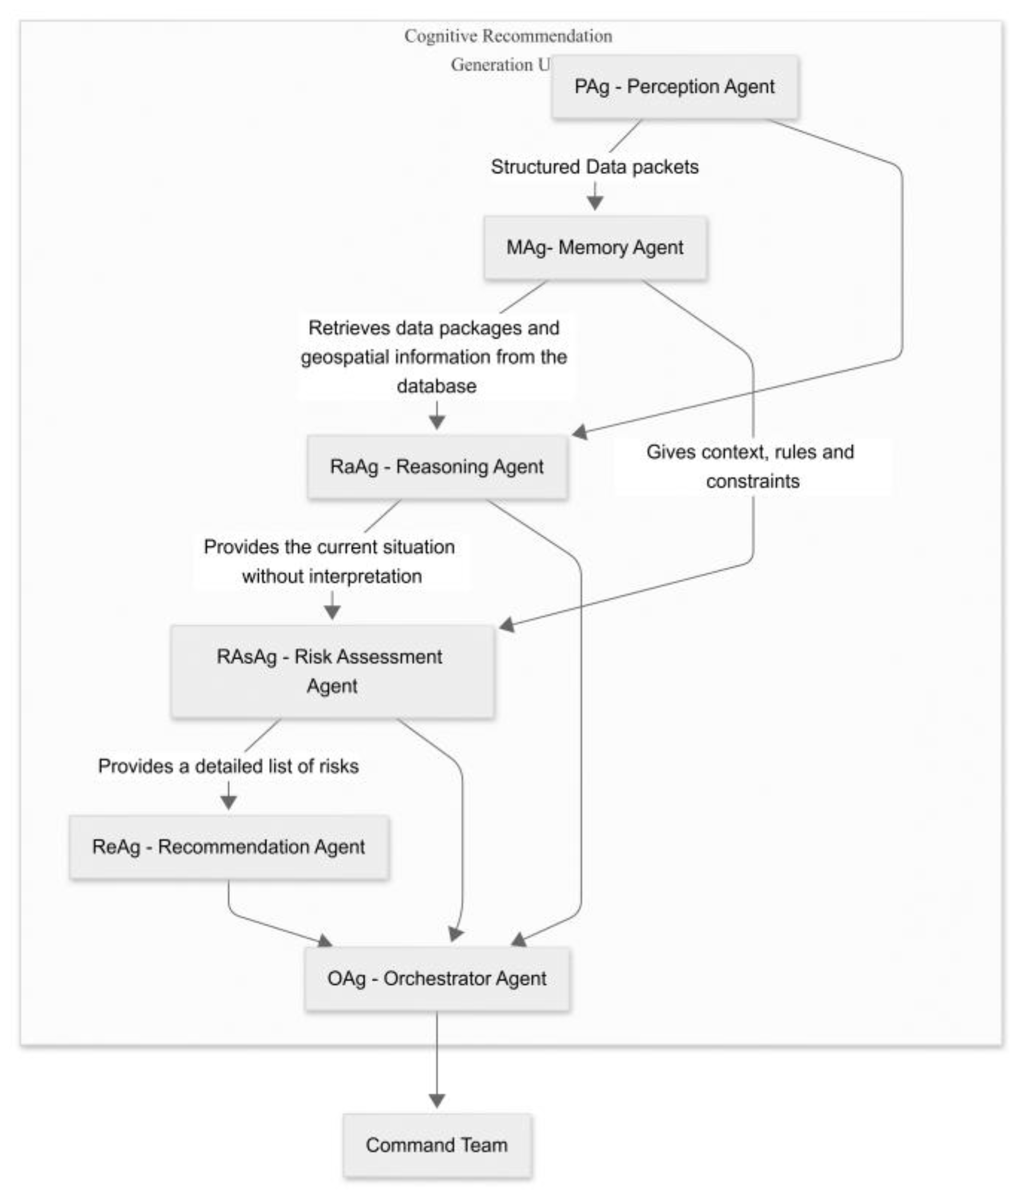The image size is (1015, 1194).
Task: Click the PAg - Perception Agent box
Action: (675, 87)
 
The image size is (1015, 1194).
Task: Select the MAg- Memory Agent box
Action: (595, 247)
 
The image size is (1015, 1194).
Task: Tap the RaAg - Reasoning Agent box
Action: (437, 466)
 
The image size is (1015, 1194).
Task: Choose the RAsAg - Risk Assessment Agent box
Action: (332, 671)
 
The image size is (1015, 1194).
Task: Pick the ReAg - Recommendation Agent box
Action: (228, 847)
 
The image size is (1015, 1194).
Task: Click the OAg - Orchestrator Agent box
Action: (437, 979)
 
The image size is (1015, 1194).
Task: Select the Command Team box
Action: (437, 1145)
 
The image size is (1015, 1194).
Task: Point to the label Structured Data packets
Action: (594, 167)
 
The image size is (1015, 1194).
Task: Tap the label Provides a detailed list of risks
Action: (228, 766)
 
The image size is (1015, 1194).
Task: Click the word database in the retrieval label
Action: (437, 386)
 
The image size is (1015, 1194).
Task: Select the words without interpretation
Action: (332, 576)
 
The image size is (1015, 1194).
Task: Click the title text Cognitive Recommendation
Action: (508, 36)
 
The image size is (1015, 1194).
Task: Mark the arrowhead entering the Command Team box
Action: (437, 1100)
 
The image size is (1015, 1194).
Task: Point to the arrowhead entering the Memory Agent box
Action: (595, 203)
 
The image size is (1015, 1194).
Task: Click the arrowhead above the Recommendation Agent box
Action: (228, 802)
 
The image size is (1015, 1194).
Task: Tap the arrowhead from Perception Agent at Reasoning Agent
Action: (579, 432)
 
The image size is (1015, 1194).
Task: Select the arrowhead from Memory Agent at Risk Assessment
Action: (507, 625)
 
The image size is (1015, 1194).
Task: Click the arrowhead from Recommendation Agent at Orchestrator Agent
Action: (325, 941)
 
